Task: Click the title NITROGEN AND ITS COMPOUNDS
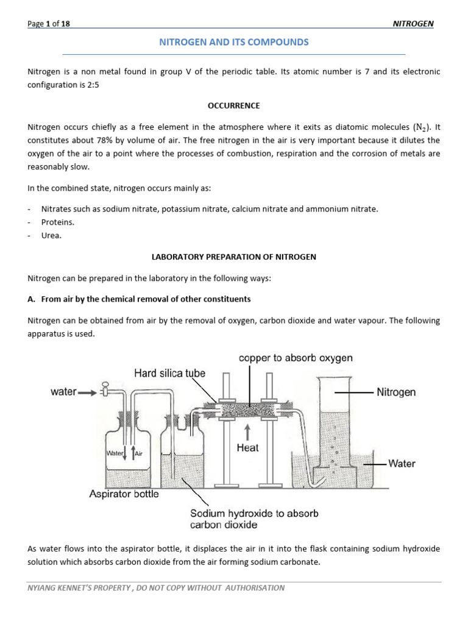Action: pos(234,42)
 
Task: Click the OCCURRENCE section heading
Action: pos(234,105)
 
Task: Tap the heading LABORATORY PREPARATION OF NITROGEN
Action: pos(234,257)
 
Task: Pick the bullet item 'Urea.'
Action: pos(51,236)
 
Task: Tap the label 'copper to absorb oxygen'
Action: pos(296,358)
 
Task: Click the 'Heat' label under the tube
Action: pos(247,448)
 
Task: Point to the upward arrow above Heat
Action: pos(247,431)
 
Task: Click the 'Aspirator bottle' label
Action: pos(124,494)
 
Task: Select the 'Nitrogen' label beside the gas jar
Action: pos(396,392)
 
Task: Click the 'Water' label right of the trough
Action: pos(402,464)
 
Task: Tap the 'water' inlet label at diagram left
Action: pos(63,392)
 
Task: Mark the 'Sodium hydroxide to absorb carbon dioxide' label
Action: pos(253,519)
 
